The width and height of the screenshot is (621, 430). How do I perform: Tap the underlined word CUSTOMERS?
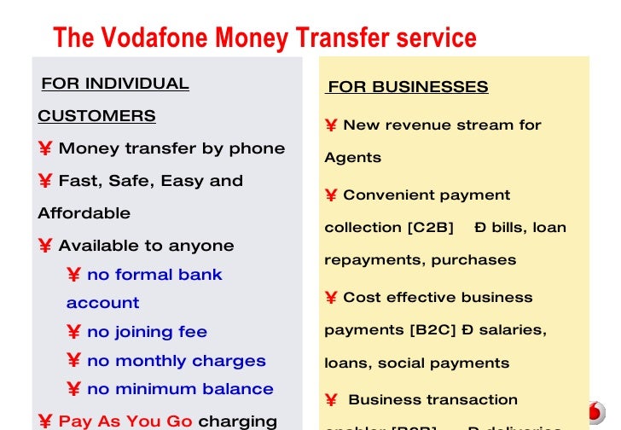(x=96, y=116)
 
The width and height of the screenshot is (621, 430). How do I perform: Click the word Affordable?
(x=84, y=213)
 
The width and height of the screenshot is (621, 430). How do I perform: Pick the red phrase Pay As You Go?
(x=126, y=421)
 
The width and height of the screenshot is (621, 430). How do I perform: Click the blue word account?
(x=102, y=303)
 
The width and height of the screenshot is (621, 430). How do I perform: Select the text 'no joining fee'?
(x=147, y=332)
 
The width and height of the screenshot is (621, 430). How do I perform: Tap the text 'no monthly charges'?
(x=176, y=361)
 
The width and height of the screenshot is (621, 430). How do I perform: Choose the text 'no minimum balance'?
(x=180, y=389)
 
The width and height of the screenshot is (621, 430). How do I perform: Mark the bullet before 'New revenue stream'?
(x=331, y=125)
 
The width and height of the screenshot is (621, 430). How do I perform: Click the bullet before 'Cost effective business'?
(x=331, y=298)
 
